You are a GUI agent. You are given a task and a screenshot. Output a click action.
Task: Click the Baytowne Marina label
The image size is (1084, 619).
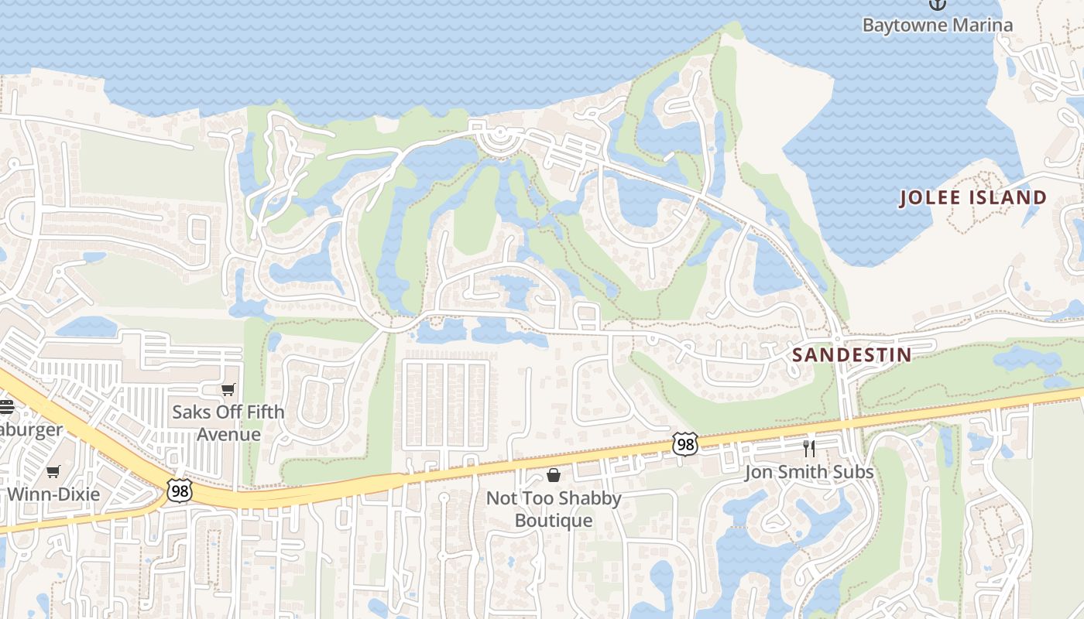pyautogui.click(x=937, y=25)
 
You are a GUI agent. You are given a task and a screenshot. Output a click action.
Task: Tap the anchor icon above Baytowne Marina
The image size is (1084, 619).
pyautogui.click(x=938, y=4)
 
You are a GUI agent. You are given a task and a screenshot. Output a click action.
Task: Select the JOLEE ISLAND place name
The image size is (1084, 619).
pyautogui.click(x=973, y=198)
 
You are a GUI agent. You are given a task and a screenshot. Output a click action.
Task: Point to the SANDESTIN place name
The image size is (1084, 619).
pyautogui.click(x=852, y=355)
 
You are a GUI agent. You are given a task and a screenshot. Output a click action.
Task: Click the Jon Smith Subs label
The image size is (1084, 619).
pyautogui.click(x=809, y=472)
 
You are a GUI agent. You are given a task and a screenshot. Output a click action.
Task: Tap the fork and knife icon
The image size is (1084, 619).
pyautogui.click(x=809, y=449)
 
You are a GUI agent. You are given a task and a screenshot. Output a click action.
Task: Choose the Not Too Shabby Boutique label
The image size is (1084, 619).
pyautogui.click(x=554, y=508)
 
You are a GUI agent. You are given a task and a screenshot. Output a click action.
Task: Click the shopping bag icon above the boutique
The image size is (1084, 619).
pyautogui.click(x=554, y=474)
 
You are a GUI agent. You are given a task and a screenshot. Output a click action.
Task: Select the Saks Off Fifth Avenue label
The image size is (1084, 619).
pyautogui.click(x=228, y=422)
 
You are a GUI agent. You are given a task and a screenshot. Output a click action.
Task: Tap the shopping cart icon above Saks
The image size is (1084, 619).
pyautogui.click(x=228, y=389)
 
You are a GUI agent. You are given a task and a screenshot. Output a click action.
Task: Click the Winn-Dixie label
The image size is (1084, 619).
pyautogui.click(x=53, y=494)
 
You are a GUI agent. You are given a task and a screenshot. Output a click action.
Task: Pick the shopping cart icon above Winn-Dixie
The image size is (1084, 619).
pyautogui.click(x=53, y=471)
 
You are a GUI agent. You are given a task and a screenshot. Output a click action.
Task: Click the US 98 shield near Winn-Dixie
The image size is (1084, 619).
pyautogui.click(x=178, y=490)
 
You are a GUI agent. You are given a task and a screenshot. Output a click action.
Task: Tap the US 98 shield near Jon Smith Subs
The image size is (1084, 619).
pyautogui.click(x=685, y=444)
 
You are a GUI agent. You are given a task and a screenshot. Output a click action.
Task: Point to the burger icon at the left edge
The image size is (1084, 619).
pyautogui.click(x=6, y=407)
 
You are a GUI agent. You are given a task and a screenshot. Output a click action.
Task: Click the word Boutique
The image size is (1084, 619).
pyautogui.click(x=554, y=520)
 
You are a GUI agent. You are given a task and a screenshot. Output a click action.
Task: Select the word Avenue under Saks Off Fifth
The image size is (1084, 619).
pyautogui.click(x=228, y=434)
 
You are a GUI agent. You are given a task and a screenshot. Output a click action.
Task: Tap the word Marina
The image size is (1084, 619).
pyautogui.click(x=976, y=25)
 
